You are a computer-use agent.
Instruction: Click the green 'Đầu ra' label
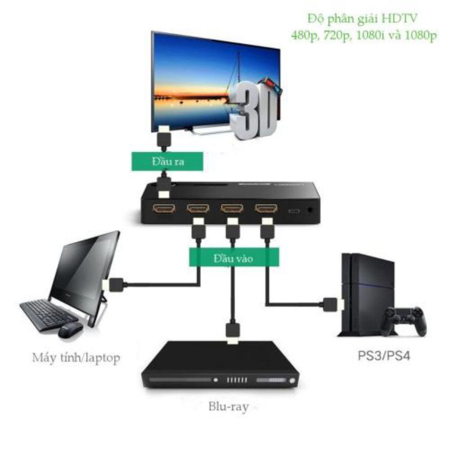pyautogui.click(x=167, y=161)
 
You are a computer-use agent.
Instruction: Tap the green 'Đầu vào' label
pyautogui.click(x=233, y=258)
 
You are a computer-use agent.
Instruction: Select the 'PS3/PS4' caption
pyautogui.click(x=384, y=356)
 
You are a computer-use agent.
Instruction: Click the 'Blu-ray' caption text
pyautogui.click(x=228, y=407)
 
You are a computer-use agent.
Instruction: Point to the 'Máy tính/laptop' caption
pyautogui.click(x=76, y=358)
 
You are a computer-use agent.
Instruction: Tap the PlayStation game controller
pyautogui.click(x=404, y=321)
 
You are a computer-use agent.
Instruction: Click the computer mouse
pyautogui.click(x=70, y=330)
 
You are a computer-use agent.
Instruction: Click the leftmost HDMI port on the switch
pyautogui.click(x=164, y=208)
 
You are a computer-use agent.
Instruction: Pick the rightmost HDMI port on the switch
pyautogui.click(x=266, y=208)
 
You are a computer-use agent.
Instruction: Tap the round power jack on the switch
pyautogui.click(x=310, y=210)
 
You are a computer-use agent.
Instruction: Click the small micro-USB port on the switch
pyautogui.click(x=294, y=211)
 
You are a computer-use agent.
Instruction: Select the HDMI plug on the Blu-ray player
pyautogui.click(x=233, y=332)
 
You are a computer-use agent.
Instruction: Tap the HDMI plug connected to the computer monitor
pyautogui.click(x=114, y=285)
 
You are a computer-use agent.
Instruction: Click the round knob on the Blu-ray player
pyautogui.click(x=292, y=381)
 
